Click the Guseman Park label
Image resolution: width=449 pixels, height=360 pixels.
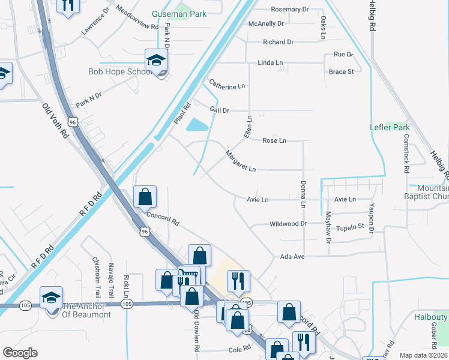click(x=179, y=13)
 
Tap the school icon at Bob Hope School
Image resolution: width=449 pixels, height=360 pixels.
click(x=156, y=61)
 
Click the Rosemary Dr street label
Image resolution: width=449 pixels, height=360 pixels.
click(x=289, y=10)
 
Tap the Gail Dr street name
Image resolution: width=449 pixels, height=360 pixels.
click(x=220, y=110)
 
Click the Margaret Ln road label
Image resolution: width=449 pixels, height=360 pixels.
click(x=240, y=161)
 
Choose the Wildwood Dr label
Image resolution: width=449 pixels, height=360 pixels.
click(x=288, y=224)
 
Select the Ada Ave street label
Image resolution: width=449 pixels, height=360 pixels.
click(x=293, y=256)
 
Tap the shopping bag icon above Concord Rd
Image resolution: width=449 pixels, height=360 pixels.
click(x=145, y=196)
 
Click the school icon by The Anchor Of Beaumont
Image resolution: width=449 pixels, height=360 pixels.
click(x=52, y=297)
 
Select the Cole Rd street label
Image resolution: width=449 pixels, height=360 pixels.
click(x=239, y=349)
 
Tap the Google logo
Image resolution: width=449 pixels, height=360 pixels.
click(x=20, y=353)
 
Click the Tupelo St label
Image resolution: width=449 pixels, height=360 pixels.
click(x=353, y=226)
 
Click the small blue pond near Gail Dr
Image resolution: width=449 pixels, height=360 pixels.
click(x=197, y=125)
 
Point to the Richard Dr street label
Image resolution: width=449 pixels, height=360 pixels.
click(x=278, y=42)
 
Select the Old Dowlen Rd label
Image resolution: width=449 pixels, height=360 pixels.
click(x=196, y=332)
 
